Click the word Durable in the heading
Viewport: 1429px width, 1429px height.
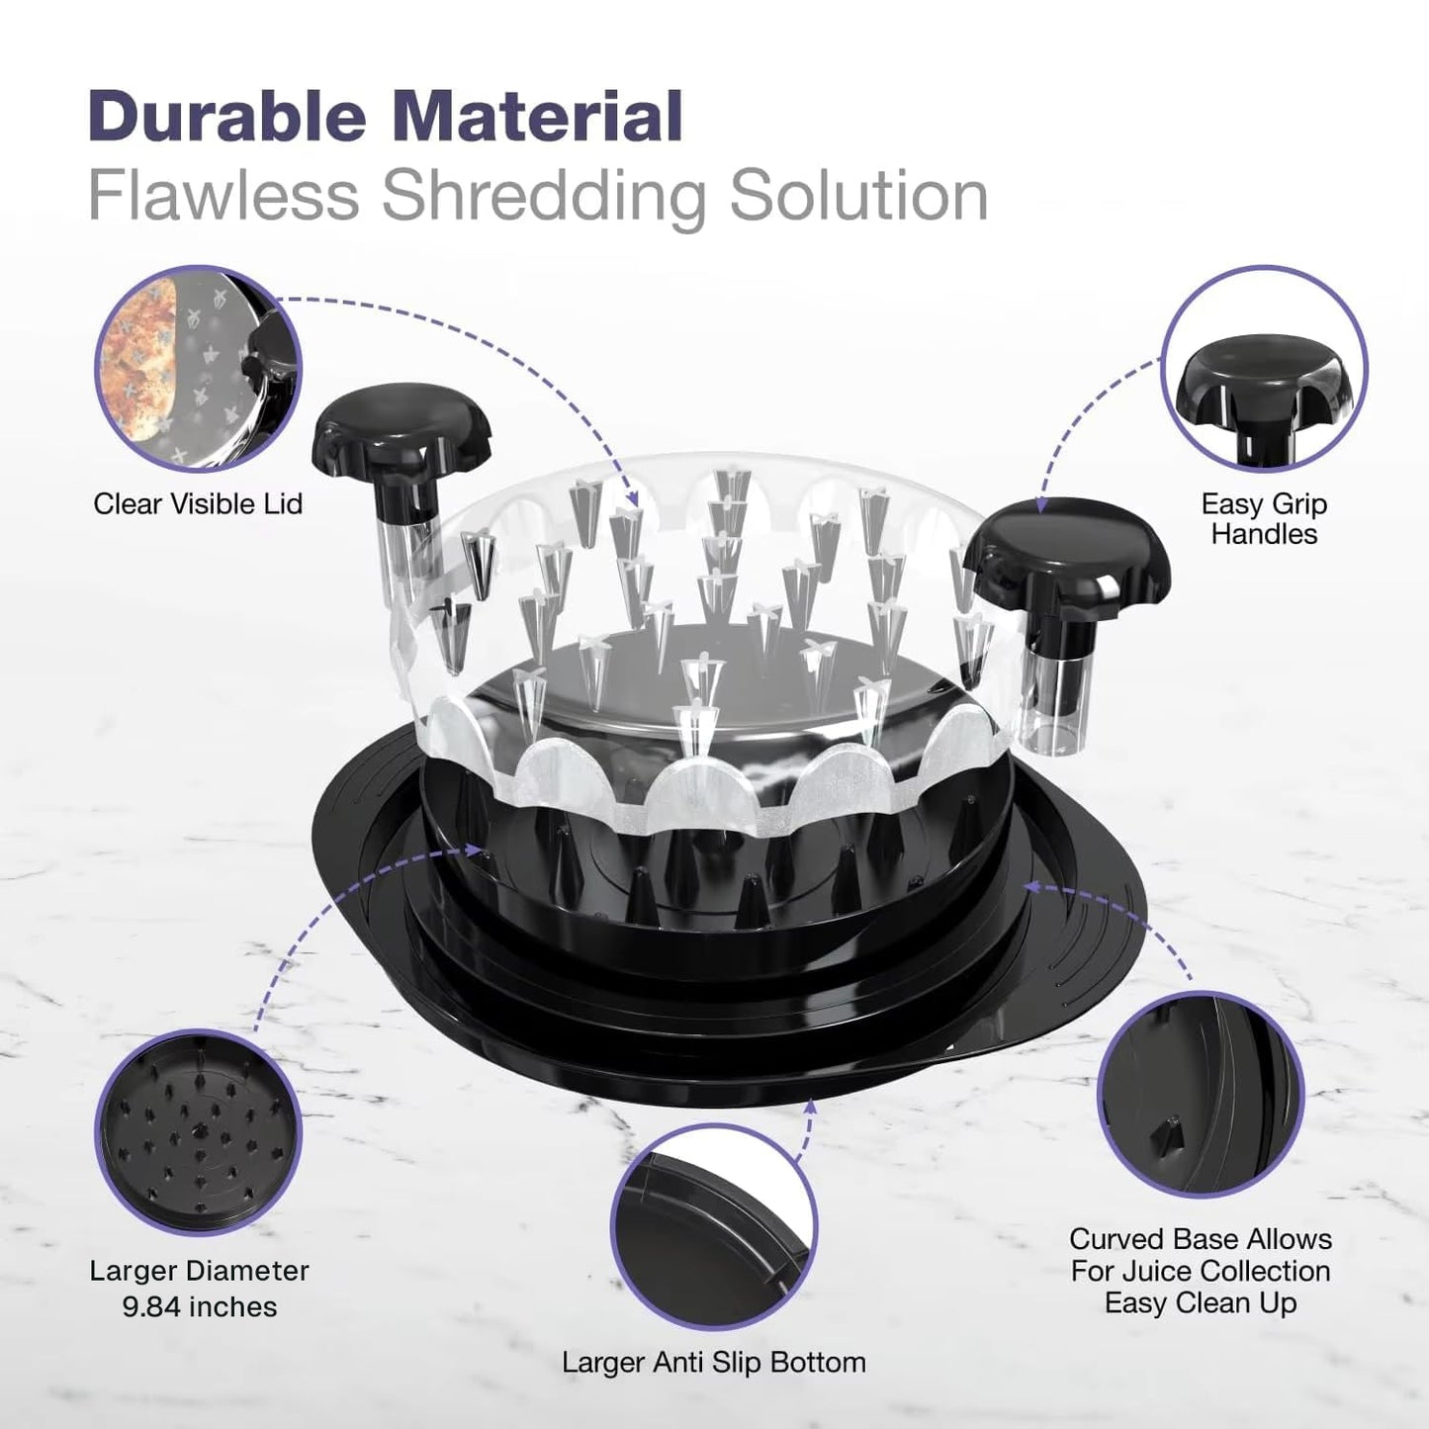coord(227,116)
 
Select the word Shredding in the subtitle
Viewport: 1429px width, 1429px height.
coord(544,200)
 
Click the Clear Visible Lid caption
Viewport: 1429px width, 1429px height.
coord(198,504)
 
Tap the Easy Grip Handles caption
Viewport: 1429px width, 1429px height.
coord(1264,519)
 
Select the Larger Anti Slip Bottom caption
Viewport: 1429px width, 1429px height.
coord(713,1363)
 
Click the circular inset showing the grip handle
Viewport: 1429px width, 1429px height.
coord(1264,369)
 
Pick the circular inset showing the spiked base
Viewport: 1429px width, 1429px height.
coord(198,1132)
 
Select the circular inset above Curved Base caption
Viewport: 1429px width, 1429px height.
coord(1201,1094)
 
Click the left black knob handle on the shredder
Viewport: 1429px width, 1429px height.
coord(403,445)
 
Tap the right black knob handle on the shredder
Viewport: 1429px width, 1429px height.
coord(1068,571)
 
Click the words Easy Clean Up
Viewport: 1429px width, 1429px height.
coord(1200,1303)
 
